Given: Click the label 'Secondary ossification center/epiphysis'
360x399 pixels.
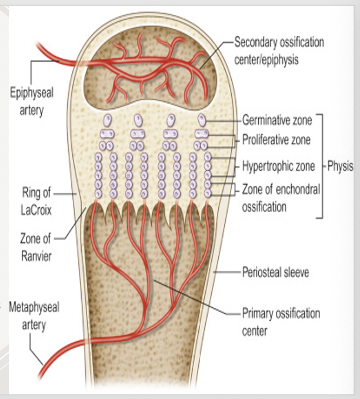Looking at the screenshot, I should coord(279,49).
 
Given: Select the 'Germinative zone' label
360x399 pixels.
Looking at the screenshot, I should coord(276,121).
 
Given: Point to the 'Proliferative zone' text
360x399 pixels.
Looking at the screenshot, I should coord(276,140).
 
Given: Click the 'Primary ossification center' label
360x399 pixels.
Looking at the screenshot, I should coord(281,321).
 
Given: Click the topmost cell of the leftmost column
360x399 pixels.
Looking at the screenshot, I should coord(108,119).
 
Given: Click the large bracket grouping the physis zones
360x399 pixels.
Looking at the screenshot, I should coord(321,166).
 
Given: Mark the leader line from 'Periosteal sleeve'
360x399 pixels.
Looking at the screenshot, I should coord(226,272).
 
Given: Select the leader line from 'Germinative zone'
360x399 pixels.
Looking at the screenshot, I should coord(224,121).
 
